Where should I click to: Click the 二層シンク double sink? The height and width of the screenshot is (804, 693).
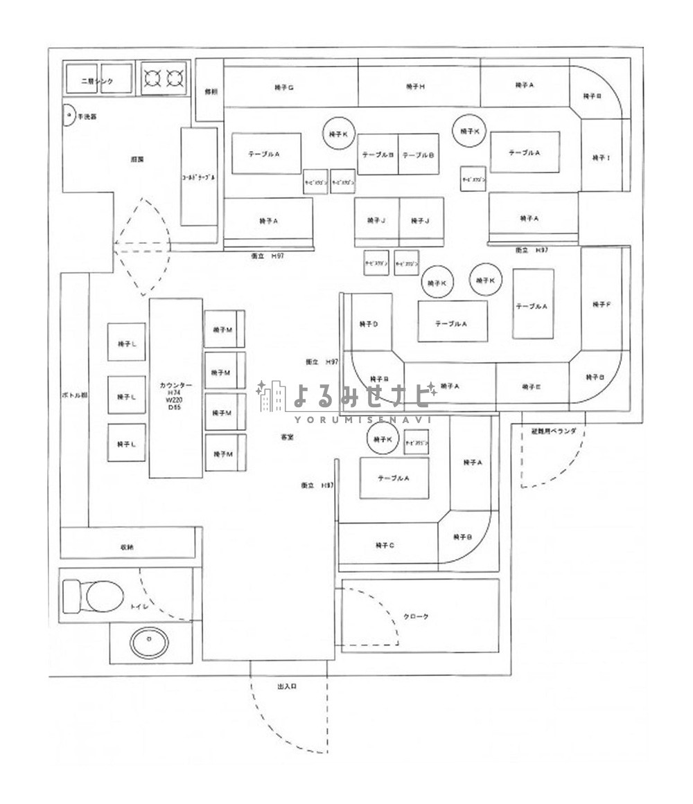(x=98, y=80)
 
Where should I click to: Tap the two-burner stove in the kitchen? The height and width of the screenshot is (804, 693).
(x=165, y=78)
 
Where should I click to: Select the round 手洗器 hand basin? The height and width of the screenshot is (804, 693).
(x=69, y=116)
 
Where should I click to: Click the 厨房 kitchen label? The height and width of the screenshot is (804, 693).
(x=137, y=159)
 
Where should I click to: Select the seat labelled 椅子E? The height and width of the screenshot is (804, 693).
(x=532, y=387)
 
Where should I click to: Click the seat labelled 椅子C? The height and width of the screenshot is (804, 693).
(x=385, y=545)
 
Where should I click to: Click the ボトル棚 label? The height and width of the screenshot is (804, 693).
(x=74, y=395)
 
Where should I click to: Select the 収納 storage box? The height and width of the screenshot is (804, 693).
(x=127, y=546)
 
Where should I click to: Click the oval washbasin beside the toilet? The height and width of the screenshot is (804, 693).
(x=149, y=643)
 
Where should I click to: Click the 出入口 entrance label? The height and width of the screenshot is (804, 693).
(x=287, y=686)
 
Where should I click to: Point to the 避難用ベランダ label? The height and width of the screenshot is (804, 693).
(x=553, y=431)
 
